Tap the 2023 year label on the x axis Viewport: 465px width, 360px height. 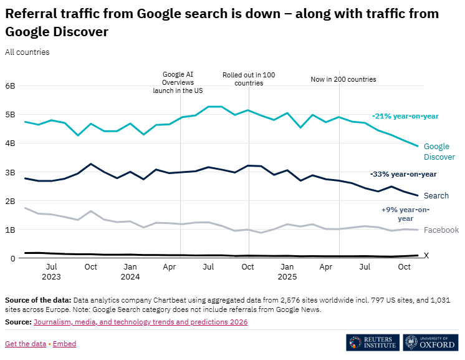click(51, 276)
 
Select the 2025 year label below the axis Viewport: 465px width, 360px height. click(287, 276)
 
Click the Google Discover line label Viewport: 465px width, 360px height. click(439, 152)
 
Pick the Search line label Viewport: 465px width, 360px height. click(436, 196)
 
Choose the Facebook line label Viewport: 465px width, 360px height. click(441, 230)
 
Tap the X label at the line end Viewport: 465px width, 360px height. click(426, 256)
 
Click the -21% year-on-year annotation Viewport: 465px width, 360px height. click(405, 116)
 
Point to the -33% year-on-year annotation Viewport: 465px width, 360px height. click(403, 174)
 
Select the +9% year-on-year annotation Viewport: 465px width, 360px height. click(405, 214)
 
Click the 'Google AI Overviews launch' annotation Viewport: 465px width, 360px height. click(178, 82)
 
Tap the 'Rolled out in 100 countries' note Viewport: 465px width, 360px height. click(249, 79)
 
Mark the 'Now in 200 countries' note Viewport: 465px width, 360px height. click(343, 79)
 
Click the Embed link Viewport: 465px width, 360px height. click(65, 344)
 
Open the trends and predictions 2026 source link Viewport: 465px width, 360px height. click(140, 322)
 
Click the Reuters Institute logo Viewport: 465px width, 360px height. click(372, 343)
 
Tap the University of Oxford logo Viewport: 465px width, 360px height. click(431, 343)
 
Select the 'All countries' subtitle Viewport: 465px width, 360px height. click(27, 52)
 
